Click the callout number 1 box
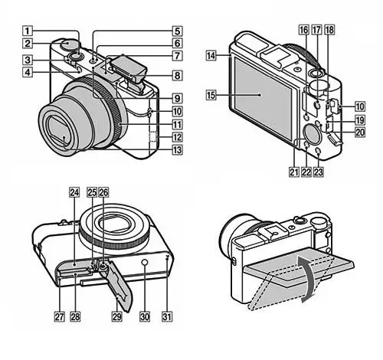[28, 31]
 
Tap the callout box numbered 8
[177, 75]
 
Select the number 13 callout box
[177, 150]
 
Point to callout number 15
[211, 95]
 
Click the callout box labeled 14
[211, 55]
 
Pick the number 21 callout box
[294, 172]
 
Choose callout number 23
[318, 172]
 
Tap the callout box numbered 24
[74, 192]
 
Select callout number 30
[145, 316]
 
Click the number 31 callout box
[167, 316]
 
